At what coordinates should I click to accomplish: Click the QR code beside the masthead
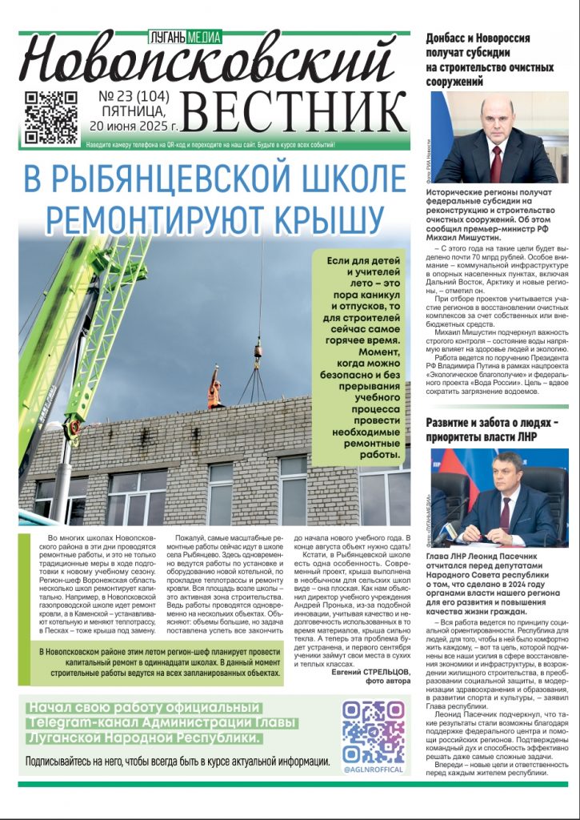click(x=50, y=117)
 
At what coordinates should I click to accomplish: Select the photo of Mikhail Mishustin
click(x=494, y=137)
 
